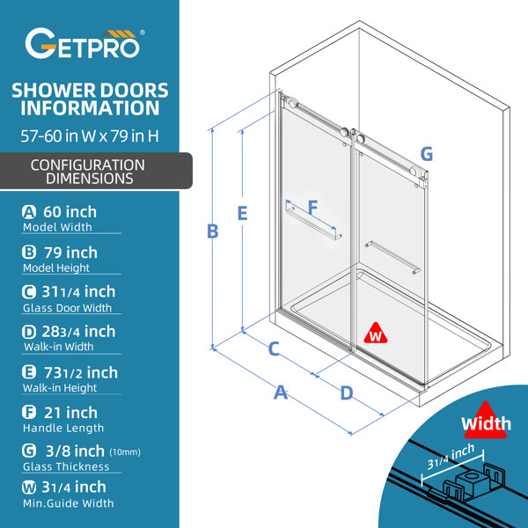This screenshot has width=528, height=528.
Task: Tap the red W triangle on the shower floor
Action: click(376, 334)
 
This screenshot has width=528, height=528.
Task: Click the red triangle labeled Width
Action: click(485, 421)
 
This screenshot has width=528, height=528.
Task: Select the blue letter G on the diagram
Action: click(427, 154)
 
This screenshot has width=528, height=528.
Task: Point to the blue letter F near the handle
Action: click(312, 207)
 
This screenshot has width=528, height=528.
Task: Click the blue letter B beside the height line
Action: click(213, 231)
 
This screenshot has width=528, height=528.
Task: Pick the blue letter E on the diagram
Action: click(243, 213)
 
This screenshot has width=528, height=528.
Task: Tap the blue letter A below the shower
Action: click(281, 392)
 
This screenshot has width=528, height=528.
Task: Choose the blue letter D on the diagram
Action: click(347, 393)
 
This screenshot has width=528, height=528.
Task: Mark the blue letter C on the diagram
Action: click(274, 348)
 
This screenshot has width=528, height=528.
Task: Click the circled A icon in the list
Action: click(29, 212)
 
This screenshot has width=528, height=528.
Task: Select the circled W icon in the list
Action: click(29, 488)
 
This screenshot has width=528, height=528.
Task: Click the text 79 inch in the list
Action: click(70, 253)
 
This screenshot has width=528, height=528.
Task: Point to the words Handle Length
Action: click(63, 428)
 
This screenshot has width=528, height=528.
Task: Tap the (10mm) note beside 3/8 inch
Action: click(125, 452)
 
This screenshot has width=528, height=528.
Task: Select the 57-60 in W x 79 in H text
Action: click(90, 136)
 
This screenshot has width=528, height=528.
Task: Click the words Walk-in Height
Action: click(60, 388)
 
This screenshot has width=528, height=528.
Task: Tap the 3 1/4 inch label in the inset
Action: click(451, 457)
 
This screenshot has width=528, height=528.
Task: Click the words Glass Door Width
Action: click(67, 308)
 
